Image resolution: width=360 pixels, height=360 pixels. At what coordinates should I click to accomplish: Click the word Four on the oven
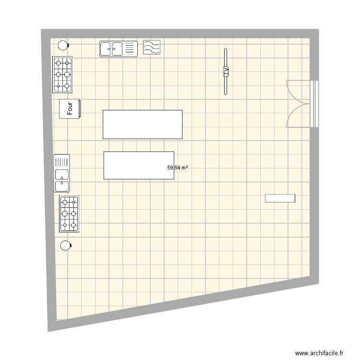70,108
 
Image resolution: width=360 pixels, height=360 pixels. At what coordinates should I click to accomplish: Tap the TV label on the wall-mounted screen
225,72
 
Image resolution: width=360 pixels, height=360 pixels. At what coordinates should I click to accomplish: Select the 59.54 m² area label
177,168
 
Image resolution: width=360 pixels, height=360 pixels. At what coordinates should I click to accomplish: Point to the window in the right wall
315,104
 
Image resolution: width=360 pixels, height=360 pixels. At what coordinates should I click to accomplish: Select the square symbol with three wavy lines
152,47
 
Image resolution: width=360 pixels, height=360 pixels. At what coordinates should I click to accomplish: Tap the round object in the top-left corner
63,46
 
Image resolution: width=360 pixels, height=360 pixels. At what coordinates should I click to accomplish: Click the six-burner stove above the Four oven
63,74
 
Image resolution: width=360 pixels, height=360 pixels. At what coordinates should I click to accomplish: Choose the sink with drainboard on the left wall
62,173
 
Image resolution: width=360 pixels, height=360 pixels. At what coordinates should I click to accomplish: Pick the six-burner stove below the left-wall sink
69,214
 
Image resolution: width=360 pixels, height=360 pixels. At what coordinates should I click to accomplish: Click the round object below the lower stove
65,246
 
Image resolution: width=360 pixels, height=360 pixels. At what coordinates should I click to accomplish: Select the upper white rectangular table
143,124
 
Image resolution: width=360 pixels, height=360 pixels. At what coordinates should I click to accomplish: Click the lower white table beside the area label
139,165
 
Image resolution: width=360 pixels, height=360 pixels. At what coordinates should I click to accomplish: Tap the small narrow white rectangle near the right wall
280,198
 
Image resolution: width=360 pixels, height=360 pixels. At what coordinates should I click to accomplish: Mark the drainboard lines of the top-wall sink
130,48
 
